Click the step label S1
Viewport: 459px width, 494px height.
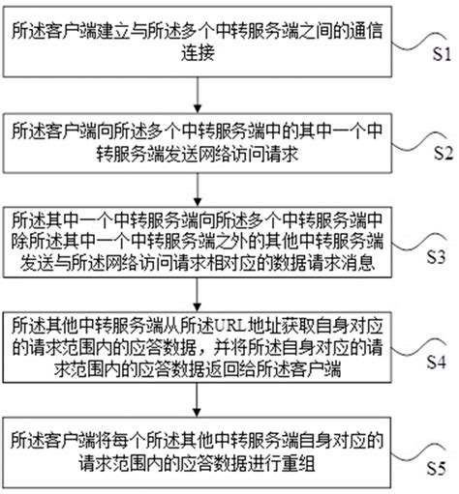442,54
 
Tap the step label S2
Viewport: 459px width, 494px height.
444,153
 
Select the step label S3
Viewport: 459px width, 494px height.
436,257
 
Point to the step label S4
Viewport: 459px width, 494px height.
437,362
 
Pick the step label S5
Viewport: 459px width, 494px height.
437,468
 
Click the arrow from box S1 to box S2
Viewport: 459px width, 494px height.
198,95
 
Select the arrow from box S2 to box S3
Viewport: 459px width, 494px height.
198,189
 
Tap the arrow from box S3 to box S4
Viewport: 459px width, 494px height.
198,295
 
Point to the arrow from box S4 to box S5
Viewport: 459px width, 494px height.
198,400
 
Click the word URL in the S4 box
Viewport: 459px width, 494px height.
230,327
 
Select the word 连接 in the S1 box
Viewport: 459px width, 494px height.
198,53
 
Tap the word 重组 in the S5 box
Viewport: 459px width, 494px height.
298,464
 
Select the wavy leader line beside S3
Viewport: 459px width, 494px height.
419,244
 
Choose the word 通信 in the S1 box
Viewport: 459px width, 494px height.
366,31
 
